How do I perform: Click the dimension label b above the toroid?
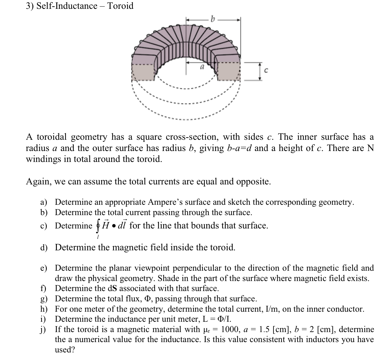coord(213,19)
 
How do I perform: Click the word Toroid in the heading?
coord(121,6)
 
